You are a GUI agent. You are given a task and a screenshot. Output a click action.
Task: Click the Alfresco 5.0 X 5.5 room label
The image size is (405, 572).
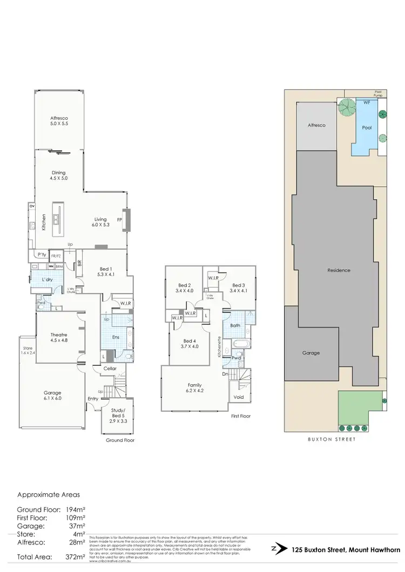[59, 120]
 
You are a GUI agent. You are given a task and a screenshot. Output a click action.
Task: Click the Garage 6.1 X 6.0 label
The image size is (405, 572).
[52, 396]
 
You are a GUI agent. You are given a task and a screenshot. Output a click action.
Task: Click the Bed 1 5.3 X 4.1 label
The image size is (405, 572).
[105, 271]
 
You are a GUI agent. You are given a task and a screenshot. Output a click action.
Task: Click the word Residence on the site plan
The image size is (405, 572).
[339, 270]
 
